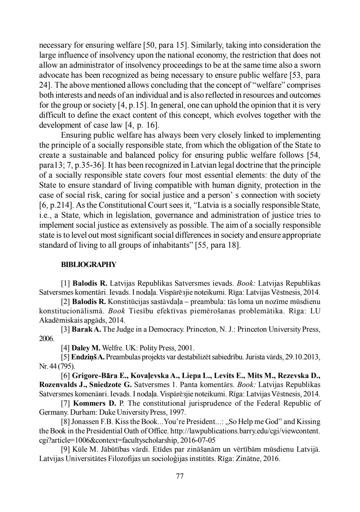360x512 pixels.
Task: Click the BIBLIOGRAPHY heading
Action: click(x=89, y=265)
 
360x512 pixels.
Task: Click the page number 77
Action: click(x=180, y=476)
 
